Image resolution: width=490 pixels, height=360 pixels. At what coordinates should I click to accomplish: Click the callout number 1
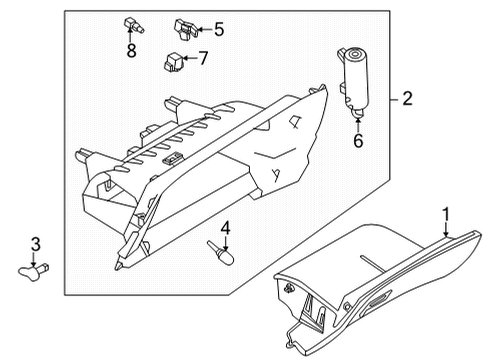pyautogui.click(x=447, y=213)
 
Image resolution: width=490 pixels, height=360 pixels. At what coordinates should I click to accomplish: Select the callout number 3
pyautogui.click(x=35, y=245)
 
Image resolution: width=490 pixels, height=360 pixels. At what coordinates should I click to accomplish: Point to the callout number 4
pyautogui.click(x=226, y=229)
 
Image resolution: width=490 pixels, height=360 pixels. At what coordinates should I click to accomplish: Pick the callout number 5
pyautogui.click(x=219, y=29)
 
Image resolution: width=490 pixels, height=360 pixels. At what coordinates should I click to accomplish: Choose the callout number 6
pyautogui.click(x=357, y=141)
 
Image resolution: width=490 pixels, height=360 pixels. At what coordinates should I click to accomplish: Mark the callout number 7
pyautogui.click(x=202, y=58)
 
